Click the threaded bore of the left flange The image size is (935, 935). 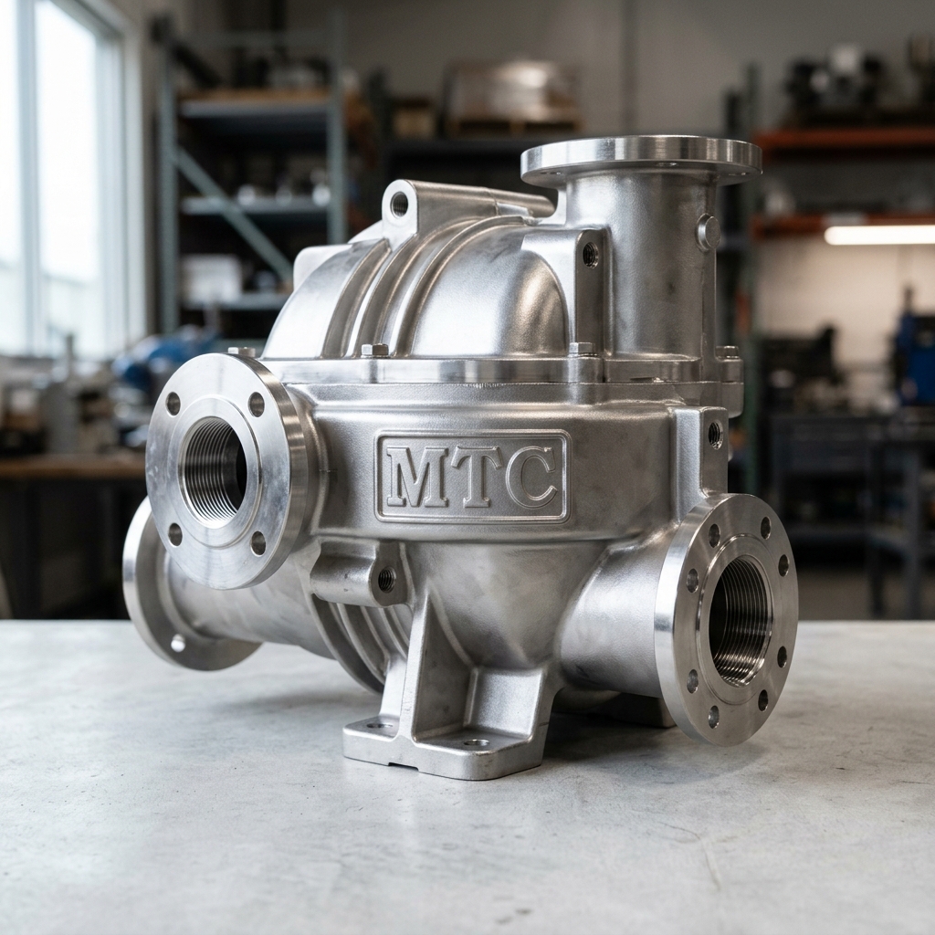click(214, 471)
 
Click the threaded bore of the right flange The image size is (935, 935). click(740, 621)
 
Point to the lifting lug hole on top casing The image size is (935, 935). click(399, 204)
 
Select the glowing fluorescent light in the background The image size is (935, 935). click(878, 235)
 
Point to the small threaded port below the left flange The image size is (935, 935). click(386, 577)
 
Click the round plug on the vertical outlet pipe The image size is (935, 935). click(709, 232)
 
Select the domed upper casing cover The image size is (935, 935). click(475, 292)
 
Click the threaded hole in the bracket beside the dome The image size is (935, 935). click(590, 255)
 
